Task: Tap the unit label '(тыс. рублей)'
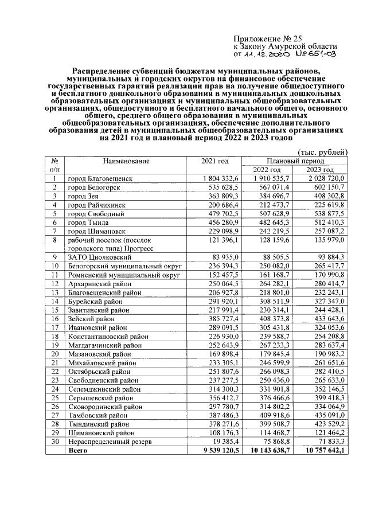(323, 152)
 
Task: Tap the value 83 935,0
(228, 257)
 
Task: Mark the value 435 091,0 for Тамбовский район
(326, 415)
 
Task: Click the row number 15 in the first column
(54, 310)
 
